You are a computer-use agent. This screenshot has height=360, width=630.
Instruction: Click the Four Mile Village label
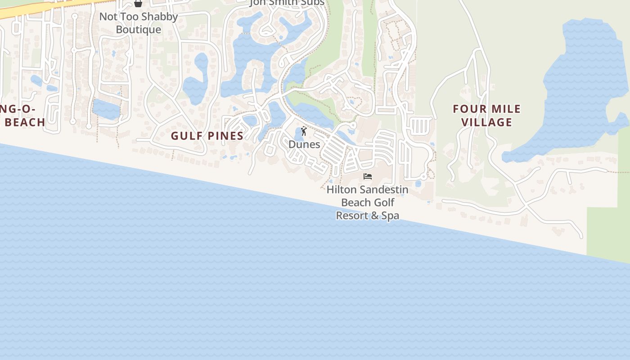pyautogui.click(x=486, y=116)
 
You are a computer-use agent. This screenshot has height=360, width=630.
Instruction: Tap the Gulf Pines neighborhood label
pyautogui.click(x=207, y=136)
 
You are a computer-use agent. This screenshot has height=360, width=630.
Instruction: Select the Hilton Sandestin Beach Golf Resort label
pyautogui.click(x=367, y=202)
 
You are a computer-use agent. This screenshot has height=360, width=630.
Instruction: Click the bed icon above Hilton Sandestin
pyautogui.click(x=368, y=176)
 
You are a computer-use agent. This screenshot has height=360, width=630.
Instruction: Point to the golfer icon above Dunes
pyautogui.click(x=304, y=131)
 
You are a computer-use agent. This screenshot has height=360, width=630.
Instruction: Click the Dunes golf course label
pyautogui.click(x=304, y=144)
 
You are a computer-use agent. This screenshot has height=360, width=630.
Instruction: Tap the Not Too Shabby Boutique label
pyautogui.click(x=139, y=23)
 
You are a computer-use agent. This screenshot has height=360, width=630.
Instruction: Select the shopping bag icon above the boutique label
pyautogui.click(x=138, y=4)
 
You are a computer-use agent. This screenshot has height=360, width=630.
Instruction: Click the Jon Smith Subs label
pyautogui.click(x=287, y=3)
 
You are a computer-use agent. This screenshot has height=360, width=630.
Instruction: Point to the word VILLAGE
pyautogui.click(x=486, y=122)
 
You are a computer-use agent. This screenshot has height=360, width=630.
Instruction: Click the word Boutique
pyautogui.click(x=139, y=30)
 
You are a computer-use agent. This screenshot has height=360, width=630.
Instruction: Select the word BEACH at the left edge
pyautogui.click(x=25, y=122)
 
